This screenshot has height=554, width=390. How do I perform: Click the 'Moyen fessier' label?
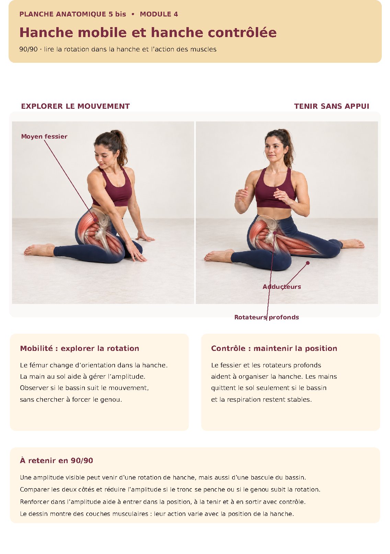(x=44, y=137)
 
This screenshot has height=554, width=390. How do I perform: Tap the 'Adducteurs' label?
(x=282, y=287)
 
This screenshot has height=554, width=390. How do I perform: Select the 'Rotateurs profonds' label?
(x=266, y=317)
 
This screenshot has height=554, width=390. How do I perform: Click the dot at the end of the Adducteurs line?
(x=308, y=263)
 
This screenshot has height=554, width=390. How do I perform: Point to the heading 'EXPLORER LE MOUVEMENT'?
(x=76, y=106)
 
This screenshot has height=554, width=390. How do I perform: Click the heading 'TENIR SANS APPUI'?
(x=332, y=106)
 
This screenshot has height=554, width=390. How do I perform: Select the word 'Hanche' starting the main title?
(x=46, y=32)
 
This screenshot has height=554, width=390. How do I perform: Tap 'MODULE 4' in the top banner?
(x=159, y=14)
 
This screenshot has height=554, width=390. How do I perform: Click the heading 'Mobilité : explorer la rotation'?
(x=79, y=348)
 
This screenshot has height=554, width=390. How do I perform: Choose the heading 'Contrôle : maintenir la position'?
(x=274, y=348)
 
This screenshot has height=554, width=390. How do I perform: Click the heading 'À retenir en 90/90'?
(x=56, y=460)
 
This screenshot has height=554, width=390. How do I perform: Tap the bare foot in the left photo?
(x=39, y=249)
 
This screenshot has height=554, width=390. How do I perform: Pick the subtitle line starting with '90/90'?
(x=118, y=49)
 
